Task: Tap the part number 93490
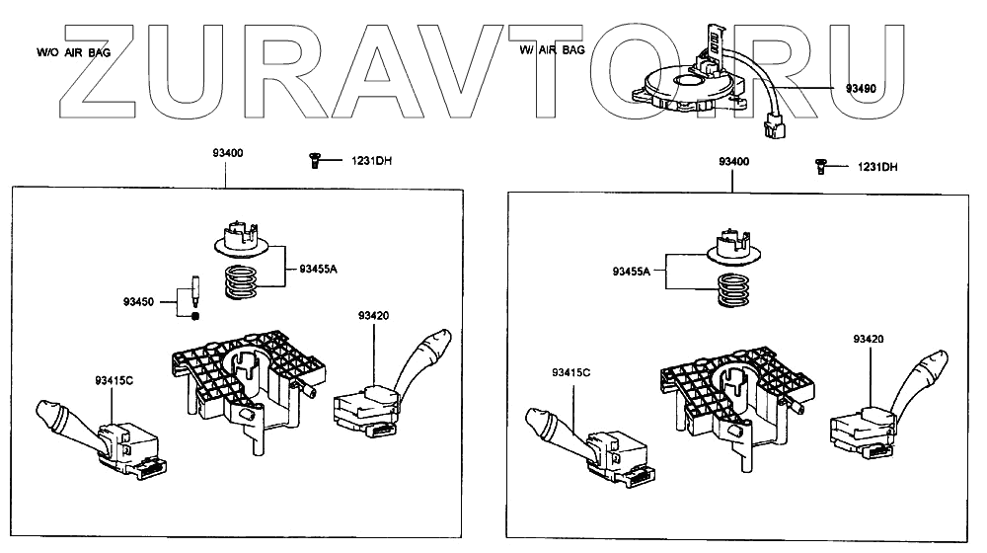coord(860,88)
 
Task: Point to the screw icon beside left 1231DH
coord(313,160)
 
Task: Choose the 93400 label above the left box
coord(227,154)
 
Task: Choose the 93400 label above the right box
coord(732,161)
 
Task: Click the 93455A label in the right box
coord(633,271)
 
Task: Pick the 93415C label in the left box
coord(114,379)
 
